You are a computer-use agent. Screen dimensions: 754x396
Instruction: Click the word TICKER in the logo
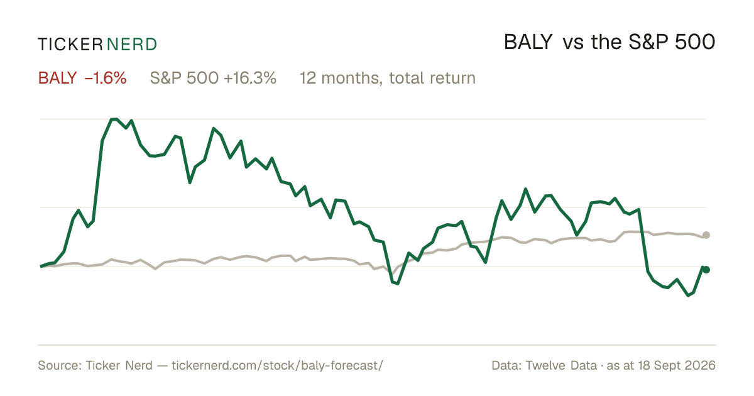[x=70, y=45]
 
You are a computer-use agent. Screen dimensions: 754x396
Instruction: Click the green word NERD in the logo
[x=131, y=45]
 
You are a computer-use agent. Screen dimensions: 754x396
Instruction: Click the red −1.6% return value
[x=106, y=78]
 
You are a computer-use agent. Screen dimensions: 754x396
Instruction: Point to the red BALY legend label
[x=58, y=78]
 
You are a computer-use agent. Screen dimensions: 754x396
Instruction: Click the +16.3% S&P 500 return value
[x=250, y=78]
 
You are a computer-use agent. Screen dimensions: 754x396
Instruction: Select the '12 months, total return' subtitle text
[x=388, y=78]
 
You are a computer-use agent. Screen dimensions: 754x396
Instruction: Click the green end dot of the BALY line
[x=706, y=270]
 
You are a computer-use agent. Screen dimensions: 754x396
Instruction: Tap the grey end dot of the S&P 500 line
[x=706, y=235]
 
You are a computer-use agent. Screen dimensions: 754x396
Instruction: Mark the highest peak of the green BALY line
[x=114, y=119]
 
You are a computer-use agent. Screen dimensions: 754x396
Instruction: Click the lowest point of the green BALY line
[x=688, y=295]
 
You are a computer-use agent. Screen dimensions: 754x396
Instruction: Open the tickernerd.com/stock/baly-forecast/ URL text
[x=277, y=365]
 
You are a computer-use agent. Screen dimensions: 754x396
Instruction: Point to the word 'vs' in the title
[x=573, y=43]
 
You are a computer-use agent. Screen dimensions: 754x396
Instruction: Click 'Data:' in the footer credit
[x=506, y=365]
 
